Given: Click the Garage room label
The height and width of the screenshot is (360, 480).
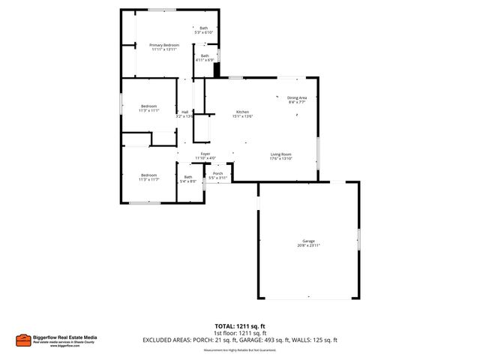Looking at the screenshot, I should (308, 241).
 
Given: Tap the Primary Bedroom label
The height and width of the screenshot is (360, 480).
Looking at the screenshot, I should (163, 45).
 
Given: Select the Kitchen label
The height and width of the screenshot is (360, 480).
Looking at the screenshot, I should (242, 112).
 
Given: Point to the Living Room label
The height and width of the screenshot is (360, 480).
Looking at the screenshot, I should (281, 154).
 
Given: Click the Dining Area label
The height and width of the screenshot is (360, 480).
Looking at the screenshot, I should (297, 97).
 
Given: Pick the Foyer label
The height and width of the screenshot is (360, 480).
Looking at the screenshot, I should (205, 154).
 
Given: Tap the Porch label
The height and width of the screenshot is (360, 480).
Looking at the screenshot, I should (217, 173).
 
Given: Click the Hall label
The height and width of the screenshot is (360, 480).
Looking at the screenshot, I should (184, 112).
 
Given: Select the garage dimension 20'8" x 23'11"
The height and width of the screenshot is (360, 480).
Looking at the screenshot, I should (308, 245).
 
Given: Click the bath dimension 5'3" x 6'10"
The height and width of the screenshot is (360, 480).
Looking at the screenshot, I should (204, 33).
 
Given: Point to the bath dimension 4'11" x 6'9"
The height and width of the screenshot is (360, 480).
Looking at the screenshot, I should (205, 59).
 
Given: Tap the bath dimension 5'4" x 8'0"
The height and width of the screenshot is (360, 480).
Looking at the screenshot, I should (187, 181).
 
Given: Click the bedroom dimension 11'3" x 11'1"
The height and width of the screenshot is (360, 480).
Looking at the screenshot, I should (149, 110).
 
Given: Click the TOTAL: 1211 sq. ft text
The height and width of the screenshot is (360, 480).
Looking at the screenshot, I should (240, 326).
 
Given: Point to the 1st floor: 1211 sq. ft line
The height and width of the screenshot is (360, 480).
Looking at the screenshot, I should (240, 333).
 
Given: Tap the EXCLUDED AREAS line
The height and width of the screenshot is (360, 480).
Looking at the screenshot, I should (240, 340).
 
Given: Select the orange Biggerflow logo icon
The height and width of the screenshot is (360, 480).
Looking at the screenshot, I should (22, 341).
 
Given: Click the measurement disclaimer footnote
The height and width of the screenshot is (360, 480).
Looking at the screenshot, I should (240, 350).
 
